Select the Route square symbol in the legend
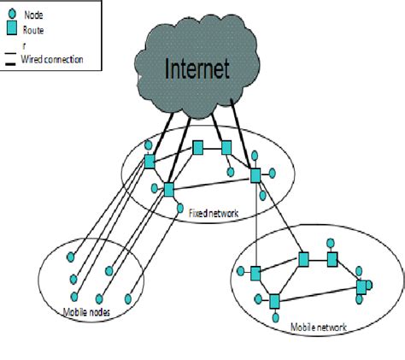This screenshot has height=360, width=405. click(x=12, y=30)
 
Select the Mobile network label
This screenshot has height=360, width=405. click(x=318, y=327)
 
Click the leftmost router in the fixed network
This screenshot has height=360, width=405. click(x=150, y=162)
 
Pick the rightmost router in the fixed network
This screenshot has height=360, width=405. click(x=255, y=174)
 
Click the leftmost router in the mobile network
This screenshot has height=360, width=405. click(x=255, y=273)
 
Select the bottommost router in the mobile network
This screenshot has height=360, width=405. click(x=274, y=301)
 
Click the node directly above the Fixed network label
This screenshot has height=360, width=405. click(x=179, y=207)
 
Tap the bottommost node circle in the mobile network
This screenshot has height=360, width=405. click(x=274, y=317)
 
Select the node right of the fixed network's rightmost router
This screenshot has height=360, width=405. click(x=273, y=174)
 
